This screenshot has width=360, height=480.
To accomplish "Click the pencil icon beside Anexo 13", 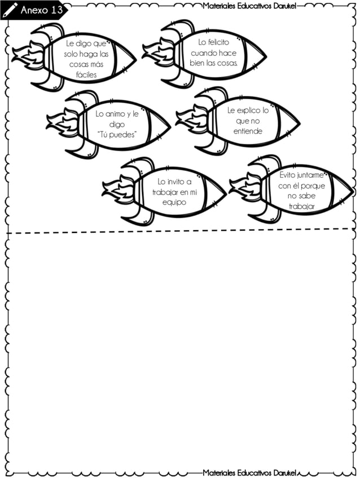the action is [x=10, y=10].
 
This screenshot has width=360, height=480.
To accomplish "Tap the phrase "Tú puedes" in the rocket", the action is [x=117, y=134].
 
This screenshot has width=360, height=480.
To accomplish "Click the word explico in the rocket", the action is [x=244, y=111].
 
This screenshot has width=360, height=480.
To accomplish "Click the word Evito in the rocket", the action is [x=288, y=175].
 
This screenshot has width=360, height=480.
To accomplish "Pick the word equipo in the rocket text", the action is [x=174, y=202].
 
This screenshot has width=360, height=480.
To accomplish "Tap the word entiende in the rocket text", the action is [x=248, y=131].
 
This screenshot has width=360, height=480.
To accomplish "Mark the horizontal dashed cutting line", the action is [x=181, y=231].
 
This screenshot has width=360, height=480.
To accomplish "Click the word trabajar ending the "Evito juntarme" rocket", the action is [x=301, y=206].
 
